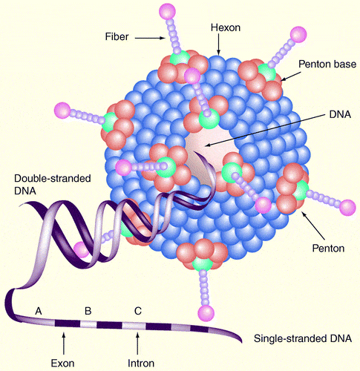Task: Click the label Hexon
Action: (226, 27)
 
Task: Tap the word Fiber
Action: (117, 36)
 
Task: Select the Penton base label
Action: (327, 64)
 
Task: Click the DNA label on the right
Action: (340, 114)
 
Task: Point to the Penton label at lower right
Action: (328, 248)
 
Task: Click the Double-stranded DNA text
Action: (53, 184)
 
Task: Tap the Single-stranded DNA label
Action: (303, 338)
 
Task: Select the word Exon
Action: (62, 364)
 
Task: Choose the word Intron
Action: (141, 364)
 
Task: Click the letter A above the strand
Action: (39, 311)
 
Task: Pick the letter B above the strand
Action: (88, 311)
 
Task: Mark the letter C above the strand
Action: (138, 311)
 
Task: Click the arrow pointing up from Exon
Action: (64, 344)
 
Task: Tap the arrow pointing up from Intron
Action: (138, 344)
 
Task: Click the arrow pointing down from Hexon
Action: (218, 44)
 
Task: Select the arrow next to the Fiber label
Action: (150, 38)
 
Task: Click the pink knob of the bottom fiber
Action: (206, 313)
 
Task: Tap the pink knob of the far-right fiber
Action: (347, 208)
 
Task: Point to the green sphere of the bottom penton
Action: (203, 264)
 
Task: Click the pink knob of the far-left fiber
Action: (62, 110)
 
